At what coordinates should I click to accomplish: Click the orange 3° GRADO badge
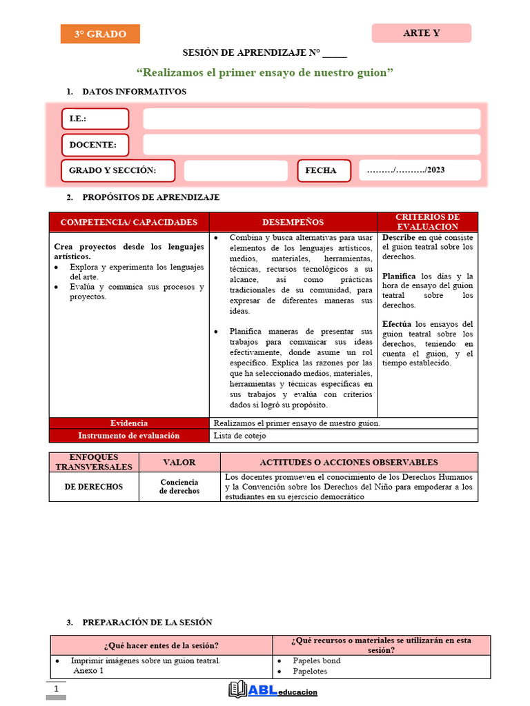100,34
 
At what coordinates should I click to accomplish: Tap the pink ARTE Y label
422,33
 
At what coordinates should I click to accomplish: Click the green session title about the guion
265,72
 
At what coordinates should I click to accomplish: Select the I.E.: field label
95,119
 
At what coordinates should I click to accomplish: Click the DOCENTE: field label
95,145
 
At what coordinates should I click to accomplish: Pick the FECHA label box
324,170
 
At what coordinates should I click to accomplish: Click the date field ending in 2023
420,170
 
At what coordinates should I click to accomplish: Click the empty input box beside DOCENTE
311,145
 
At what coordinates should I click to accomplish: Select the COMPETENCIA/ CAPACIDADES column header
129,222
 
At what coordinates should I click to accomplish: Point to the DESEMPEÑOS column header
293,222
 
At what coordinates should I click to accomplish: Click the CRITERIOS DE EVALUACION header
427,222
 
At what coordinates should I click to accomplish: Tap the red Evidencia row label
129,423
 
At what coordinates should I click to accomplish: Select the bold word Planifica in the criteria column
399,276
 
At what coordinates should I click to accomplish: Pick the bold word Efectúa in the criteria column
397,324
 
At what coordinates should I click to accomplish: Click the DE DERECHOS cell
94,487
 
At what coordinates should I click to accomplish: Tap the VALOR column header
179,463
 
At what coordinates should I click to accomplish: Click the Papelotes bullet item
310,672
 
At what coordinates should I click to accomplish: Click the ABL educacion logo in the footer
273,690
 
